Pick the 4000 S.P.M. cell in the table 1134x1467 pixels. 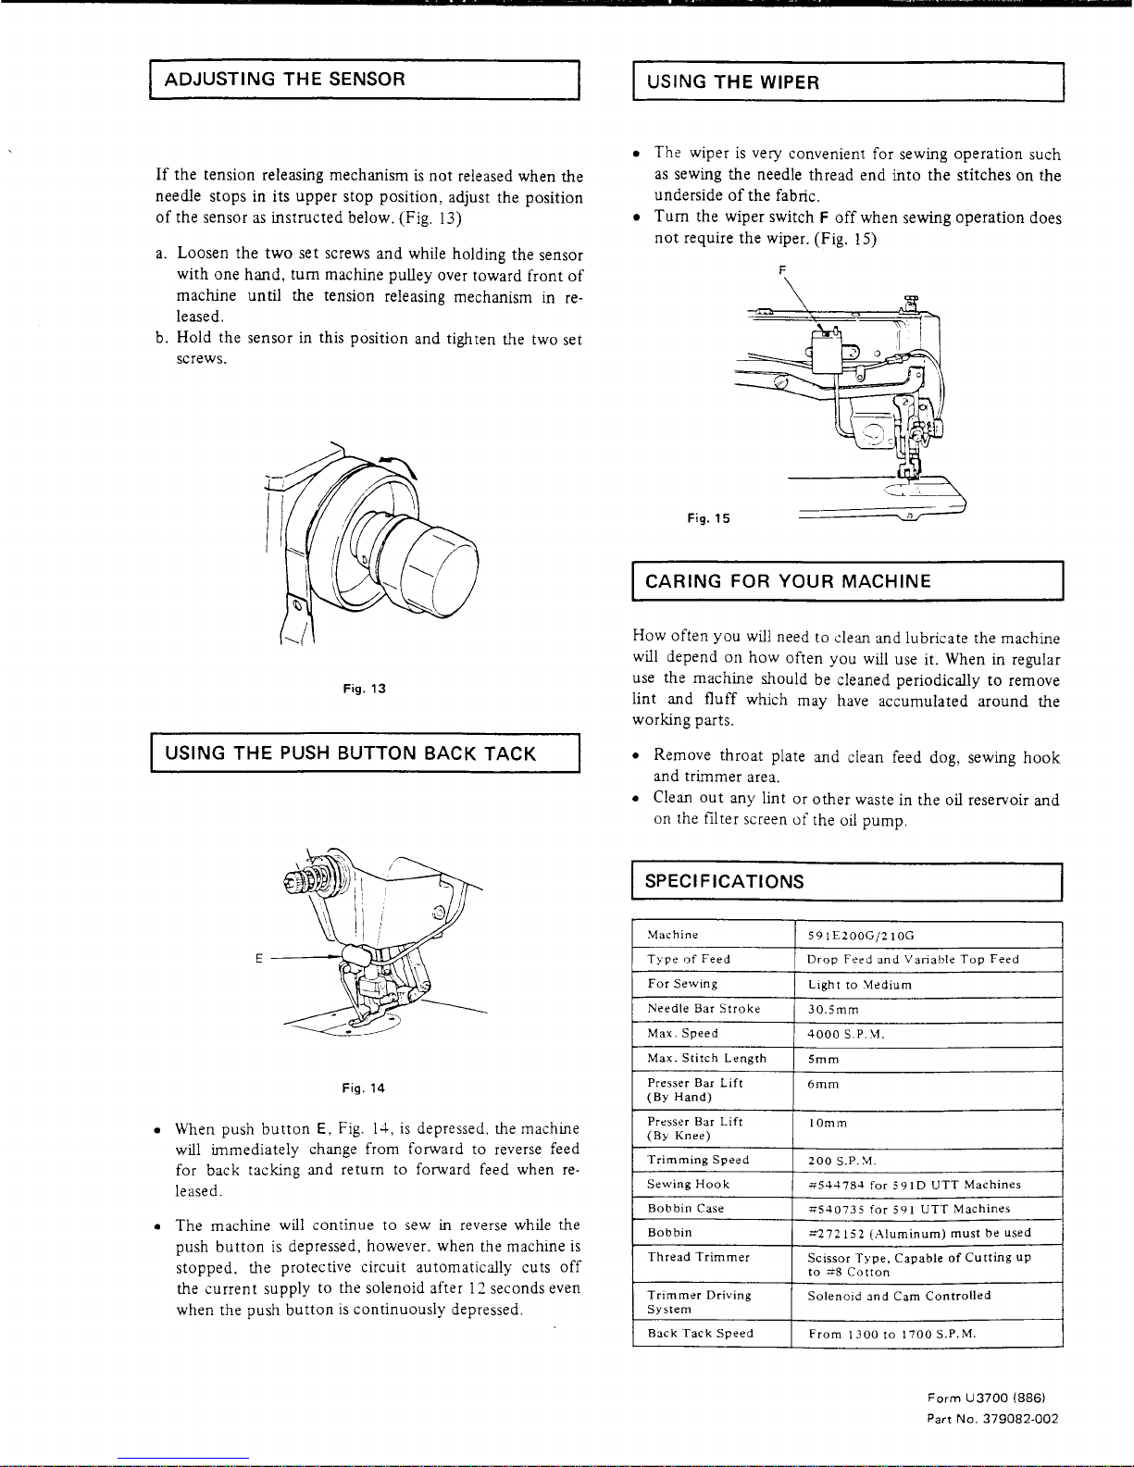point(846,1034)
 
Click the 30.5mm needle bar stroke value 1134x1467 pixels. point(833,1009)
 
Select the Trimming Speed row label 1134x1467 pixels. point(698,1160)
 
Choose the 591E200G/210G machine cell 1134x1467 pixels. point(860,935)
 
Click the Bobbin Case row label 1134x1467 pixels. point(685,1209)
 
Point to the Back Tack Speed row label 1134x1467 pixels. point(700,1334)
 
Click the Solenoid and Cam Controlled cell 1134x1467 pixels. point(899,1296)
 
